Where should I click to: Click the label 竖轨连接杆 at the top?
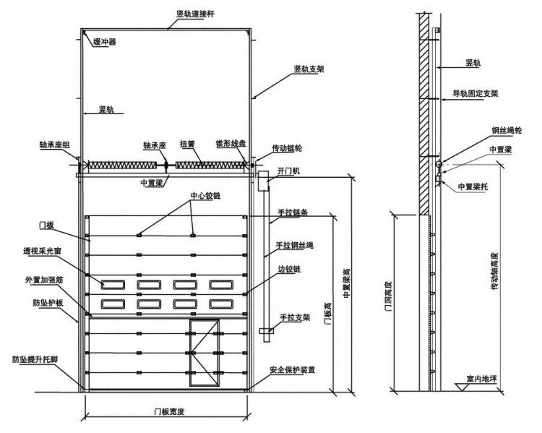(x=195, y=14)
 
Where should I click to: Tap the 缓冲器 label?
(x=105, y=42)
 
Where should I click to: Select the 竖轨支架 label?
(x=309, y=69)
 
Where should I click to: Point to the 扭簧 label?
(x=187, y=144)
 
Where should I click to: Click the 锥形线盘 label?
(x=231, y=143)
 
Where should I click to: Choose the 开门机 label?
(x=288, y=171)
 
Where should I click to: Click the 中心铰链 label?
(x=206, y=196)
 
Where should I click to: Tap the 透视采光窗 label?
(x=42, y=251)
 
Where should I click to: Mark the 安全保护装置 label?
(x=293, y=369)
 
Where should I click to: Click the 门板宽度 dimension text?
(x=169, y=411)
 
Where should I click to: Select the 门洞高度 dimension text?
(x=389, y=296)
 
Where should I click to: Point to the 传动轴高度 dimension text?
(x=495, y=271)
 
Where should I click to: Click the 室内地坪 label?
(x=481, y=379)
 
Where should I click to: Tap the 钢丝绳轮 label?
(x=507, y=130)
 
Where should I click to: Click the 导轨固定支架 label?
(x=476, y=93)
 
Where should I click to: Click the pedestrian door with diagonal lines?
(x=205, y=353)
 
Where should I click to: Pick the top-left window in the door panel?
(x=113, y=285)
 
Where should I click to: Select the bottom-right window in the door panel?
(x=221, y=304)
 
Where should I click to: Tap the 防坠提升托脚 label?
(x=35, y=359)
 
